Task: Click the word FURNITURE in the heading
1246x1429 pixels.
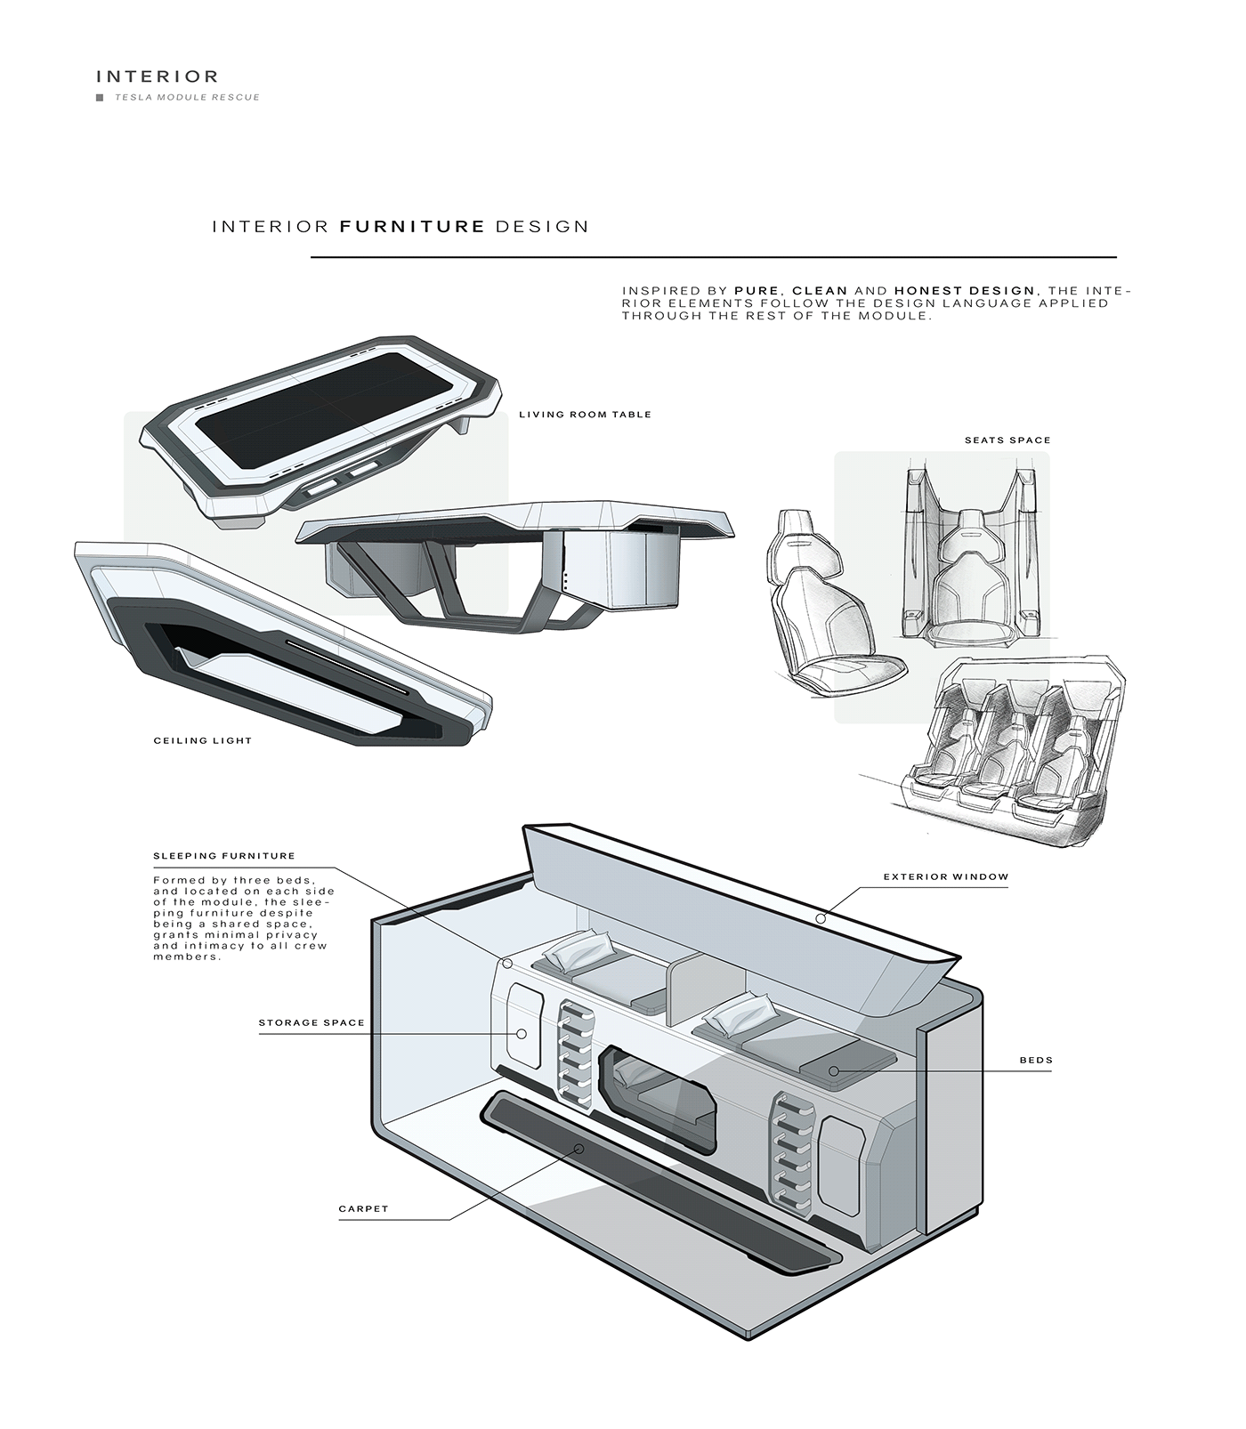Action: tap(412, 227)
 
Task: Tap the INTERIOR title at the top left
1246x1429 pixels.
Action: tap(157, 77)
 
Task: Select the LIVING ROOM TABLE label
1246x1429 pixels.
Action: tap(585, 415)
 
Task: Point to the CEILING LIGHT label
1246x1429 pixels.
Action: tap(203, 740)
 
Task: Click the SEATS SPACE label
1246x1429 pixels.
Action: tap(1007, 440)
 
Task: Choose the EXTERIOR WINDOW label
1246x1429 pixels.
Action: tap(946, 877)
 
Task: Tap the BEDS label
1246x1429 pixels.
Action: tap(1036, 1061)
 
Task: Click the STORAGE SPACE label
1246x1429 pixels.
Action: tap(311, 1023)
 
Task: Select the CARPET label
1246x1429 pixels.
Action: tap(363, 1209)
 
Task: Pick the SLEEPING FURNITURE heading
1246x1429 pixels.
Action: tap(224, 856)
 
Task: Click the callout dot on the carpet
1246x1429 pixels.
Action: tap(579, 1149)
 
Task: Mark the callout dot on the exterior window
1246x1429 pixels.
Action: tap(821, 917)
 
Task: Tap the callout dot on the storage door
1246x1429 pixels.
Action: tap(522, 1034)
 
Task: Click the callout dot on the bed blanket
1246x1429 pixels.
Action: tap(834, 1071)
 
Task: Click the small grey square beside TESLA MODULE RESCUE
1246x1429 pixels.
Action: tap(100, 98)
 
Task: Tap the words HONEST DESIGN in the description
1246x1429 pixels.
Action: tap(965, 291)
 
